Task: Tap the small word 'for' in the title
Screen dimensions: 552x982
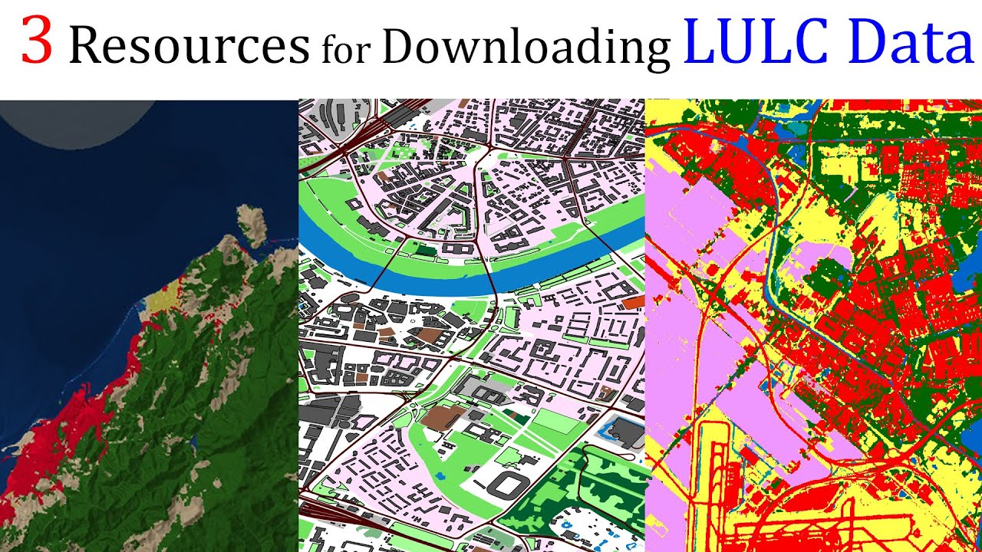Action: tap(346, 50)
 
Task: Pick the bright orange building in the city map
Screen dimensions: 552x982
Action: tap(633, 303)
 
